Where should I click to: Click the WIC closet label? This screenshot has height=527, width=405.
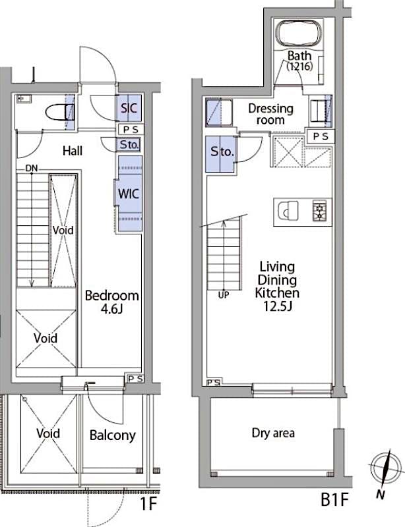click(128, 194)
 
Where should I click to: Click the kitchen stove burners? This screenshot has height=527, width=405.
click(319, 211)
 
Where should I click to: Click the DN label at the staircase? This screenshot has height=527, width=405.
click(32, 169)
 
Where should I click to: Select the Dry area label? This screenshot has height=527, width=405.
click(273, 433)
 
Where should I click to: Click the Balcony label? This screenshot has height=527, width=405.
click(112, 435)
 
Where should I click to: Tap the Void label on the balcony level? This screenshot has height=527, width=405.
click(48, 433)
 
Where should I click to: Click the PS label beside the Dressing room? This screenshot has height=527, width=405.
click(322, 136)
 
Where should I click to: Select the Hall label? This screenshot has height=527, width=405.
click(72, 151)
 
